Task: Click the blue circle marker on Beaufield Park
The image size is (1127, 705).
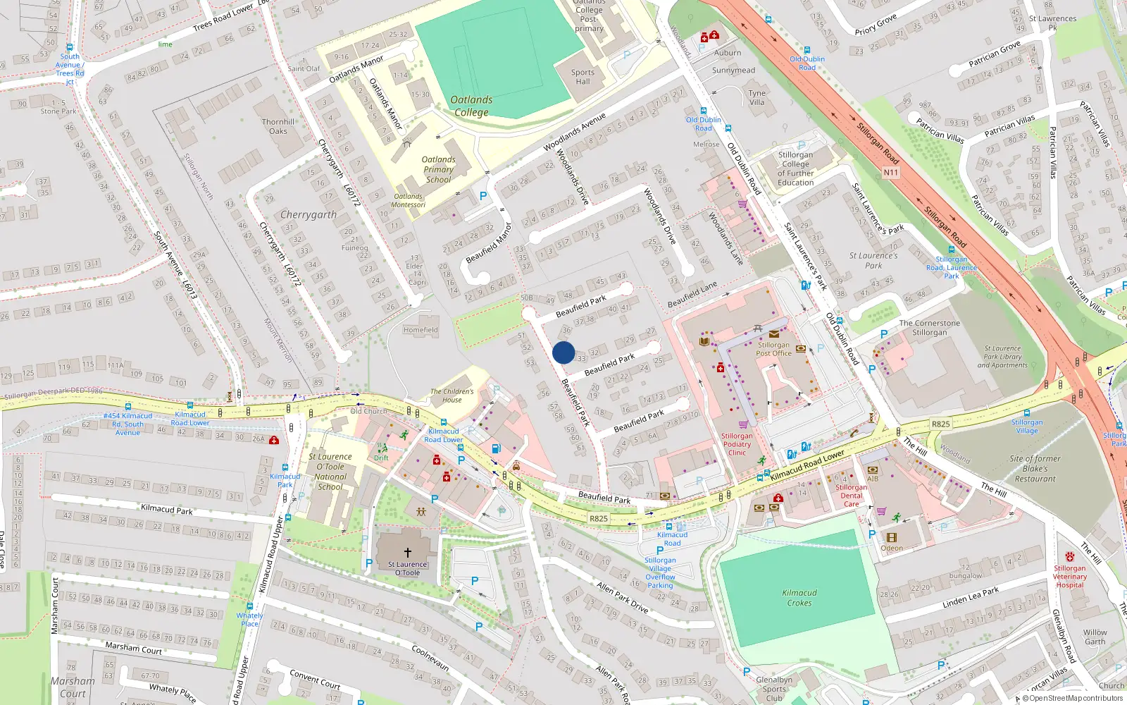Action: click(563, 352)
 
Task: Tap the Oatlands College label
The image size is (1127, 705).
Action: click(471, 106)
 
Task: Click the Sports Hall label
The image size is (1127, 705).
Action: click(583, 77)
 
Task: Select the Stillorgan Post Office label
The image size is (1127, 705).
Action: click(773, 349)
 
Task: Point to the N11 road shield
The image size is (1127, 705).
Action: click(891, 172)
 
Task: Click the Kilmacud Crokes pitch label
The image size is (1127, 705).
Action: click(799, 598)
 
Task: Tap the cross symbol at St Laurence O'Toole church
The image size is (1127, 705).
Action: click(407, 553)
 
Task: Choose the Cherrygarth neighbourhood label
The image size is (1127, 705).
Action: click(309, 214)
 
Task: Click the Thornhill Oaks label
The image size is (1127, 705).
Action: click(278, 126)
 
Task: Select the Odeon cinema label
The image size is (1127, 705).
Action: click(892, 548)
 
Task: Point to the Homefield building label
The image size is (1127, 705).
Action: click(421, 330)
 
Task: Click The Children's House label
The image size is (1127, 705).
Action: click(452, 396)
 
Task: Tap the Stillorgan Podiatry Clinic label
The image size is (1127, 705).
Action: click(737, 444)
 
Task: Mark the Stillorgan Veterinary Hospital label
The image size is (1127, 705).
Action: click(1070, 576)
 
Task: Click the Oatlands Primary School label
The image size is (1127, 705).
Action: click(438, 169)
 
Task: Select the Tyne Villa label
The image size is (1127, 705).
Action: click(756, 97)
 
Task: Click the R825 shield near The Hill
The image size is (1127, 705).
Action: click(940, 424)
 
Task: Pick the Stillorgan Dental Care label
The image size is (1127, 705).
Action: click(852, 496)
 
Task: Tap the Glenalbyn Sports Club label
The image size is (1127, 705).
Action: click(774, 689)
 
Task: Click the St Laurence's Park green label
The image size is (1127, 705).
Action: click(873, 261)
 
